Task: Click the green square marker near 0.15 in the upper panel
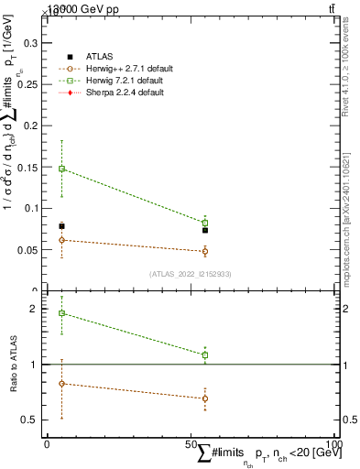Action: [61, 169]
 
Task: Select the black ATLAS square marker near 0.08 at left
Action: [61, 226]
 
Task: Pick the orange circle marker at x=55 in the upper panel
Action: [205, 251]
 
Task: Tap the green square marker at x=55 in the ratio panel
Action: [205, 354]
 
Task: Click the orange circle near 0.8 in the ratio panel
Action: [61, 384]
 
